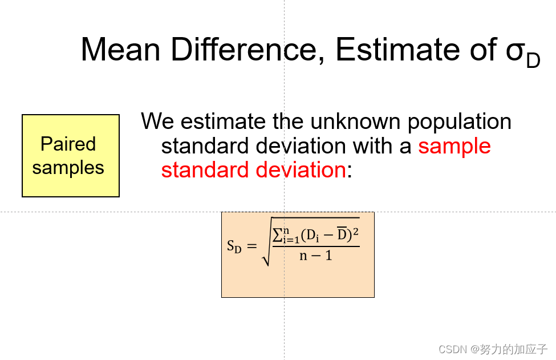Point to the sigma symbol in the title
(516, 52)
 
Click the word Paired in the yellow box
(68, 144)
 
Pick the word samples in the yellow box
(68, 167)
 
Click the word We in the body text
(157, 121)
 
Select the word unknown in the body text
(356, 121)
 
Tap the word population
(460, 122)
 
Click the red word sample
(454, 147)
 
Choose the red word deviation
(301, 169)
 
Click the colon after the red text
(349, 172)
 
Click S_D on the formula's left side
(234, 246)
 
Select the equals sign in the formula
(251, 245)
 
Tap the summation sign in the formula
(277, 235)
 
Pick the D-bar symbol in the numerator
(342, 234)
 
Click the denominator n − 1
(315, 256)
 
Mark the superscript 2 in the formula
(356, 232)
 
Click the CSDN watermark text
(493, 349)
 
